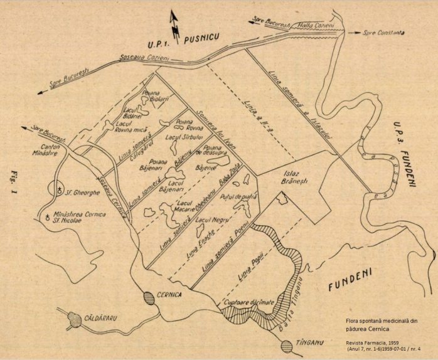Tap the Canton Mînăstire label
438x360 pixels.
point(47,154)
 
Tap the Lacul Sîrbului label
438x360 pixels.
point(181,137)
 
